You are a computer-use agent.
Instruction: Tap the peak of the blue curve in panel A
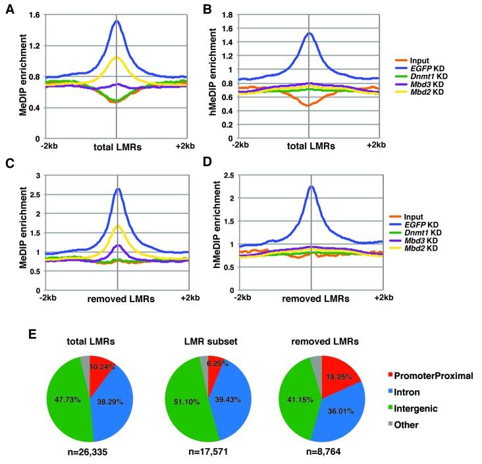point(117,21)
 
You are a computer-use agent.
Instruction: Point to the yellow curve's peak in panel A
point(117,57)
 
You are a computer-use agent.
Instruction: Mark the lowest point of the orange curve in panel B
point(308,105)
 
